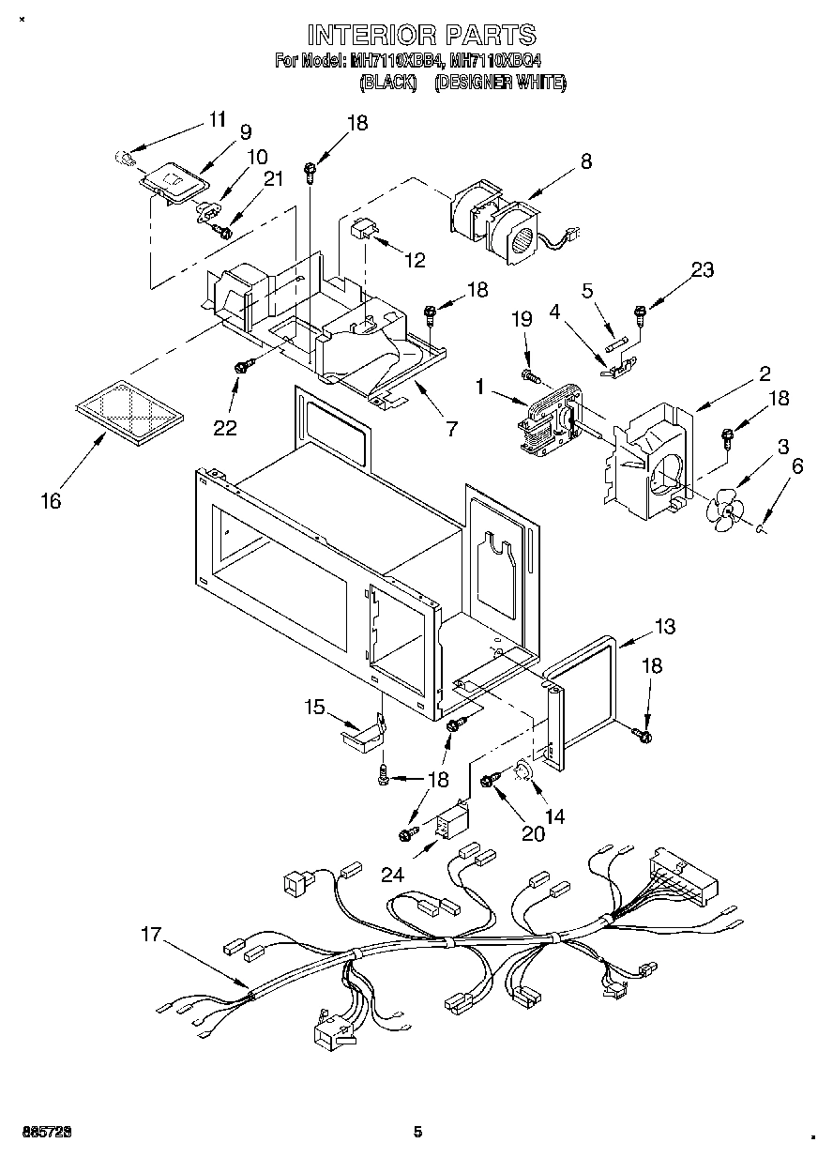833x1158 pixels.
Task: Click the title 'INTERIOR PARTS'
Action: [x=421, y=36]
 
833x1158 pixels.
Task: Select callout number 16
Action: [x=51, y=501]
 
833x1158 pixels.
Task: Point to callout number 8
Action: [x=585, y=160]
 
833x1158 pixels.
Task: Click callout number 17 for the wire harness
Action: [x=152, y=935]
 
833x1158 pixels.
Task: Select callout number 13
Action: [x=664, y=626]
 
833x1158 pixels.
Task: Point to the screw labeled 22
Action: [x=242, y=368]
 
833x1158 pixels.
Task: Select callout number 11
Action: [x=217, y=119]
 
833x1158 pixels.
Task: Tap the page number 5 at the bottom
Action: [x=417, y=1133]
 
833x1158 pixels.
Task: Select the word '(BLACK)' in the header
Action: [x=388, y=84]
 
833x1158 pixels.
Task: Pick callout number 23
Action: [x=701, y=270]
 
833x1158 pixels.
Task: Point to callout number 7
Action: [x=452, y=429]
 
